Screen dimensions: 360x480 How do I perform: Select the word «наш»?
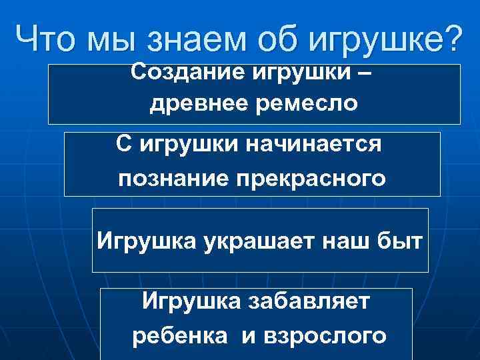point(345,240)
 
